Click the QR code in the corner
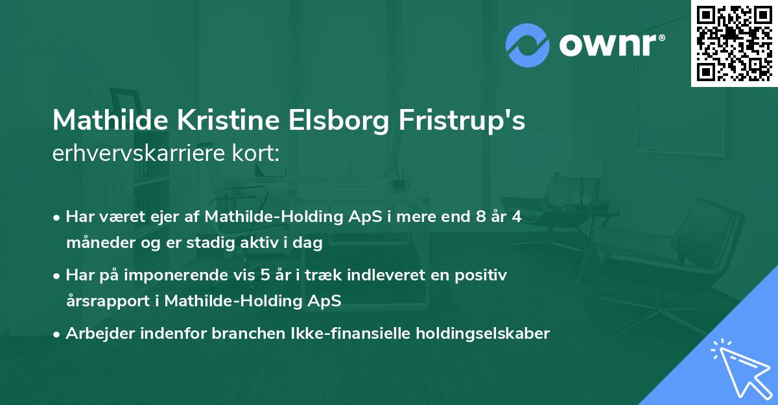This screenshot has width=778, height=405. [x=734, y=43]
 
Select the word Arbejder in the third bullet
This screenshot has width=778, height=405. [x=93, y=334]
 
